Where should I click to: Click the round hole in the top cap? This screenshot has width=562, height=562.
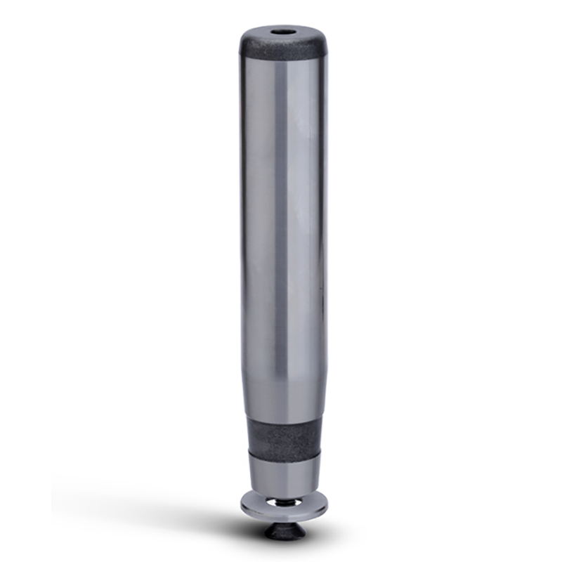[x=282, y=32]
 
